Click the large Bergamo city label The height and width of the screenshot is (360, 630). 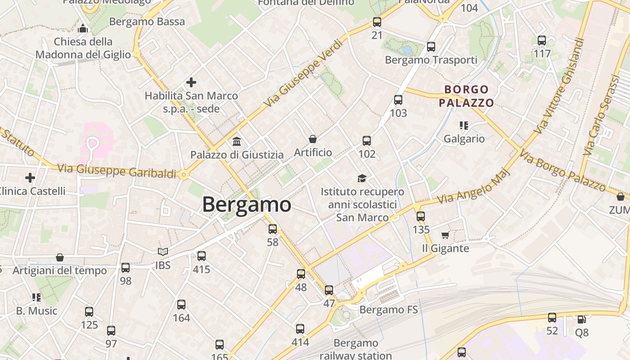pyautogui.click(x=247, y=205)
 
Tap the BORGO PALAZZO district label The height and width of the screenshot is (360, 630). pyautogui.click(x=466, y=96)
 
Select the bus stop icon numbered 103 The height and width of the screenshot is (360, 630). pyautogui.click(x=398, y=100)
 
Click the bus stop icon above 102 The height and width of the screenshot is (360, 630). pyautogui.click(x=367, y=141)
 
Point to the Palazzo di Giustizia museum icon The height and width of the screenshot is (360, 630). pyautogui.click(x=237, y=142)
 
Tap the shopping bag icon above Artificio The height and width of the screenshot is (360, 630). pyautogui.click(x=313, y=139)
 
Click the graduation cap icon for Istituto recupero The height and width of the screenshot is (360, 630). pyautogui.click(x=362, y=179)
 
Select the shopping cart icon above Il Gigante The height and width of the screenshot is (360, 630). pyautogui.click(x=445, y=235)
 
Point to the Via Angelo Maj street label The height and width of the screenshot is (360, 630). pyautogui.click(x=475, y=185)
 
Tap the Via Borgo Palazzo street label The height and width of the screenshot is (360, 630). pyautogui.click(x=562, y=171)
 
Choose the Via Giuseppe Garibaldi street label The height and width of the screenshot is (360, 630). pyautogui.click(x=117, y=171)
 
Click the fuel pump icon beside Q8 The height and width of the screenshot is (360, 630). pyautogui.click(x=581, y=319)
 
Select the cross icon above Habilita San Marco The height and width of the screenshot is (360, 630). pyautogui.click(x=191, y=82)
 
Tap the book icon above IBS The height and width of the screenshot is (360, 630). pyautogui.click(x=163, y=252)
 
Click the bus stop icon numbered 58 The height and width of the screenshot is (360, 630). pyautogui.click(x=273, y=229)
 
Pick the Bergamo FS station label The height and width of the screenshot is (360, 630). pyautogui.click(x=388, y=310)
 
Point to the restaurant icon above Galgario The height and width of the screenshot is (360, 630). pyautogui.click(x=464, y=125)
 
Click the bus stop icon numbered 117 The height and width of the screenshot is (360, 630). pyautogui.click(x=542, y=40)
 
